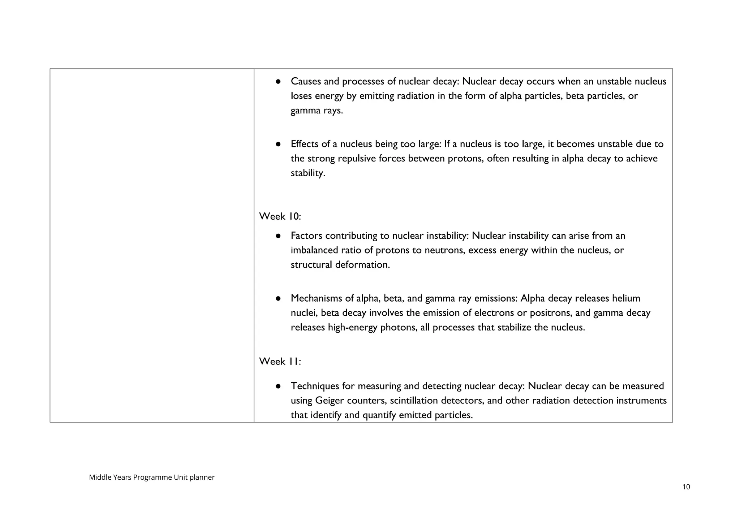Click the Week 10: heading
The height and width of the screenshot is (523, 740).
coord(280,216)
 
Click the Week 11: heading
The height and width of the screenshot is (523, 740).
coord(280,361)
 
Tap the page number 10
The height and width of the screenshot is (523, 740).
coord(686,487)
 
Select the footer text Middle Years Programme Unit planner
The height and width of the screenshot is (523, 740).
coord(152,477)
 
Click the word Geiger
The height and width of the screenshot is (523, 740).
coord(330,401)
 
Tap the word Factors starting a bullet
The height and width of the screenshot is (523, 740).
coord(306,236)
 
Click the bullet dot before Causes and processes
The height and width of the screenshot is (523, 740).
coord(278,82)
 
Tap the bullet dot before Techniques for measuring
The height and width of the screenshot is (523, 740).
coord(278,386)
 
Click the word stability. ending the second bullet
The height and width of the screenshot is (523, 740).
coord(308,173)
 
